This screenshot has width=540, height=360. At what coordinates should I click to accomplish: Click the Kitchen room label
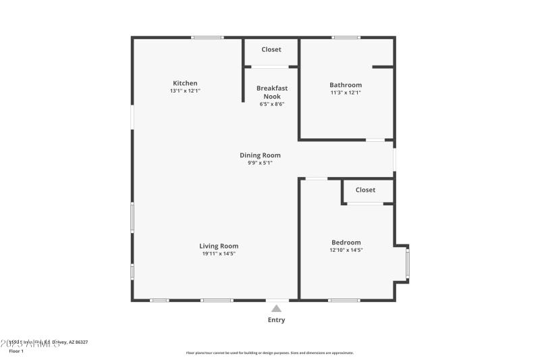click(185, 83)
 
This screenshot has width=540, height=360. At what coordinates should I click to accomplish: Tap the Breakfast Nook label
click(271, 92)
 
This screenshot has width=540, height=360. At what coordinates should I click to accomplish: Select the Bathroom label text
click(346, 85)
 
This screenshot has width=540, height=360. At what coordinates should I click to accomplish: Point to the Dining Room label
click(260, 155)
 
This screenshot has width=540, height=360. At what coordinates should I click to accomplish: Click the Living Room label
click(219, 246)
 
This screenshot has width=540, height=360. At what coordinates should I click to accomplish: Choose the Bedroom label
click(346, 242)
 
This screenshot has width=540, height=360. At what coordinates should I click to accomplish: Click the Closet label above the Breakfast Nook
click(271, 49)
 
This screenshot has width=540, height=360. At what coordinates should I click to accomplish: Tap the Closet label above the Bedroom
click(365, 190)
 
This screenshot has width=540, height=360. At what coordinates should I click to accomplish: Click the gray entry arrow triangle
click(276, 309)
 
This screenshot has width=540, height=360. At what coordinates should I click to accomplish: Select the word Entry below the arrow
click(276, 320)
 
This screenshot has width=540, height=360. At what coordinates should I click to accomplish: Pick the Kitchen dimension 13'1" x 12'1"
click(185, 91)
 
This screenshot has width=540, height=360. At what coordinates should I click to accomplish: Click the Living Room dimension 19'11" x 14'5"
click(219, 254)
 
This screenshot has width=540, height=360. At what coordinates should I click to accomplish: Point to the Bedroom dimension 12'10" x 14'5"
click(346, 251)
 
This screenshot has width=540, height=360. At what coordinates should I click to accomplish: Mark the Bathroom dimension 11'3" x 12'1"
click(346, 93)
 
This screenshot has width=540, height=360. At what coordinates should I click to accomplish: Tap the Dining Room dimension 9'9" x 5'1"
click(260, 163)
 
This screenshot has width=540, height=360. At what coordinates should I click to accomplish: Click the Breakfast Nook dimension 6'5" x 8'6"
click(271, 104)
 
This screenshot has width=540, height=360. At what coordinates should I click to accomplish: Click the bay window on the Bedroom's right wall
click(407, 264)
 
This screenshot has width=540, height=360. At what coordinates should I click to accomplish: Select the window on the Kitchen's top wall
click(207, 37)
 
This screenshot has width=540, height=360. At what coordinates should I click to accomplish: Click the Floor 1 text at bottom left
click(16, 351)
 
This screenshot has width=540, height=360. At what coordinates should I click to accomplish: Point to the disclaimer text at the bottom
click(269, 353)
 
